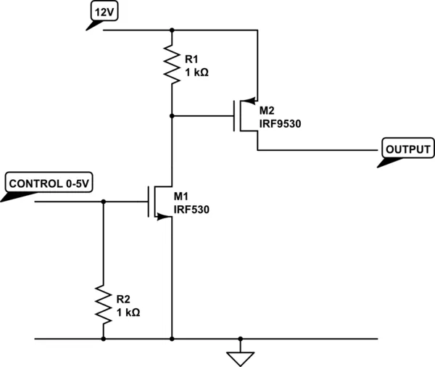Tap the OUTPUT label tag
point(407,149)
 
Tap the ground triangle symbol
point(240,355)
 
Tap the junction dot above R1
point(172,30)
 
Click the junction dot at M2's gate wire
point(172,115)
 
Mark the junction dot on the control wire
point(103,201)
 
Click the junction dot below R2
point(103,338)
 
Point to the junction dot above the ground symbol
point(240,338)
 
